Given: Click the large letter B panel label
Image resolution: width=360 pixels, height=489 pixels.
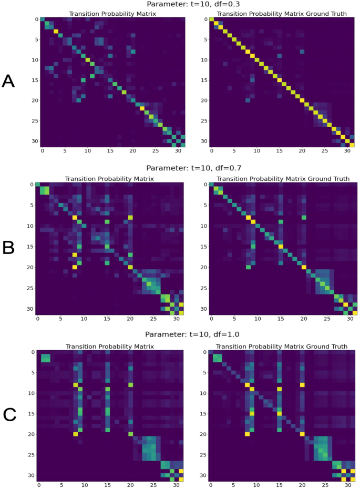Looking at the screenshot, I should [x=8, y=247].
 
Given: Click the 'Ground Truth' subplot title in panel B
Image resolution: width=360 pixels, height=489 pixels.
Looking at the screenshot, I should [x=280, y=179].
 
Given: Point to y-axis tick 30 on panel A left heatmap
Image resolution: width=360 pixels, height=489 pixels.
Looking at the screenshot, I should [x=35, y=141].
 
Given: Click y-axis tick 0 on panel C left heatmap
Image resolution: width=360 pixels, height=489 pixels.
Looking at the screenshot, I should [x=31, y=352].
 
